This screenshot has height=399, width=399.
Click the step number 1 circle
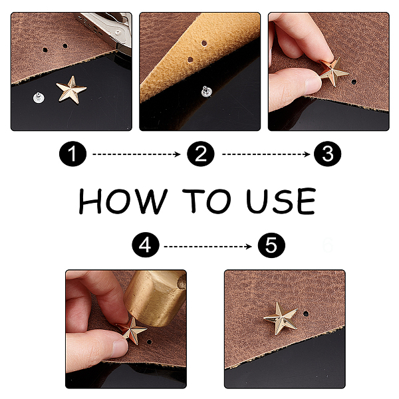[x=72, y=154]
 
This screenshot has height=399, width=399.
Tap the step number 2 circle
[x=201, y=154]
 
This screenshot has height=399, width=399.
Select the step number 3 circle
[x=327, y=154]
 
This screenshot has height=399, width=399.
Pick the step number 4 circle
[x=146, y=245]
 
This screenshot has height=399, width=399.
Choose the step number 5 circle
[x=271, y=245]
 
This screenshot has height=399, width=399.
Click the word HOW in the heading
[x=122, y=201]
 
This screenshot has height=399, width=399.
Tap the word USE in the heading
[x=281, y=201]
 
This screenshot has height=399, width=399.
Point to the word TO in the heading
[x=207, y=201]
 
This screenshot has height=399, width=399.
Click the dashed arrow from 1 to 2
[x=136, y=154]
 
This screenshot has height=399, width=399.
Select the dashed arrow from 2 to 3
[x=265, y=154]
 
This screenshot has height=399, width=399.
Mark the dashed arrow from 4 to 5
[x=207, y=246]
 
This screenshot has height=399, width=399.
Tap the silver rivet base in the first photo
[x=39, y=98]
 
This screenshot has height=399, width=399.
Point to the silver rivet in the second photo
[x=206, y=91]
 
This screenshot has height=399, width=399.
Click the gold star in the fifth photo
[x=281, y=318]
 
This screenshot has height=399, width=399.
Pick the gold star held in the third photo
[x=333, y=71]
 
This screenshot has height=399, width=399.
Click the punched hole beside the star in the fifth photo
[x=306, y=314]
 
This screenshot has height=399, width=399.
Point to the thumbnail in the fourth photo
[x=120, y=346]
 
